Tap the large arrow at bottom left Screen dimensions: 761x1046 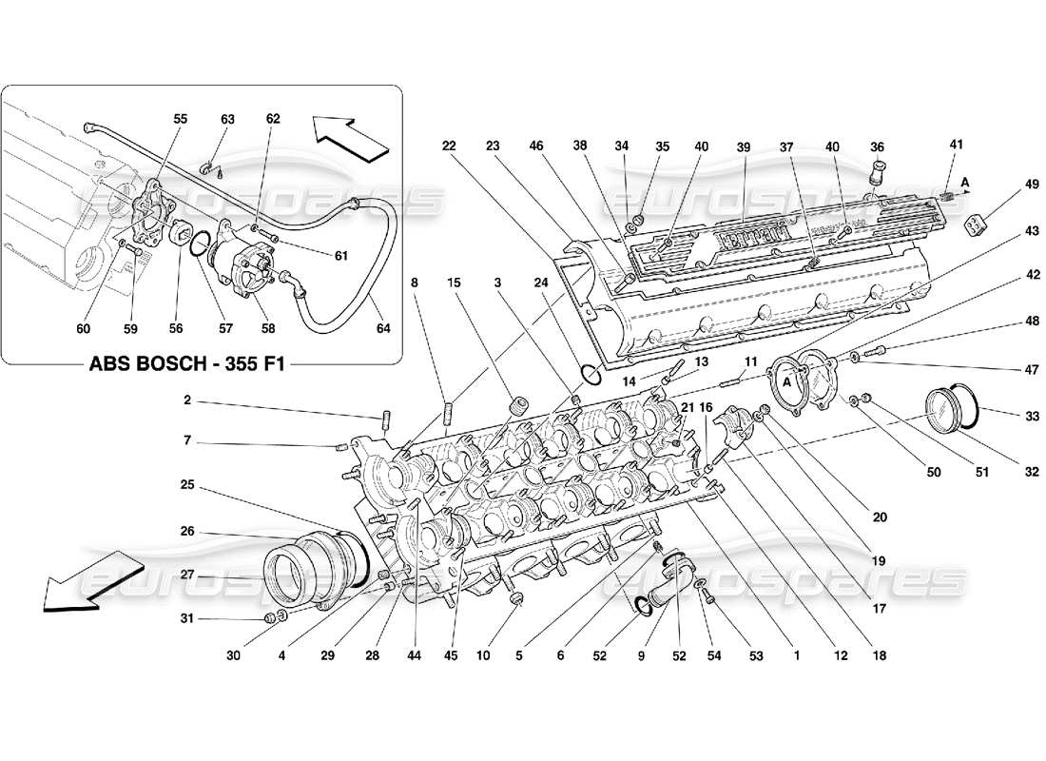pos(90,582)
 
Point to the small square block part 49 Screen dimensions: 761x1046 pos(977,225)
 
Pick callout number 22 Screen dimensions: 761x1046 pos(449,146)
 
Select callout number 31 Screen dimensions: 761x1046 pos(187,619)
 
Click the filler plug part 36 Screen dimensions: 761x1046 pos(879,177)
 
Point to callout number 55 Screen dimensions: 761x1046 pos(181,119)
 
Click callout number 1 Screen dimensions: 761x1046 pos(797,655)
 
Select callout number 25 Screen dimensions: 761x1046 pos(187,485)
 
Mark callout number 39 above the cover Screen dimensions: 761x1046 pos(743,146)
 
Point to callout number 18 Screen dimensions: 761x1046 pos(879,655)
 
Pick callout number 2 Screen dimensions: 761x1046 pos(187,400)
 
